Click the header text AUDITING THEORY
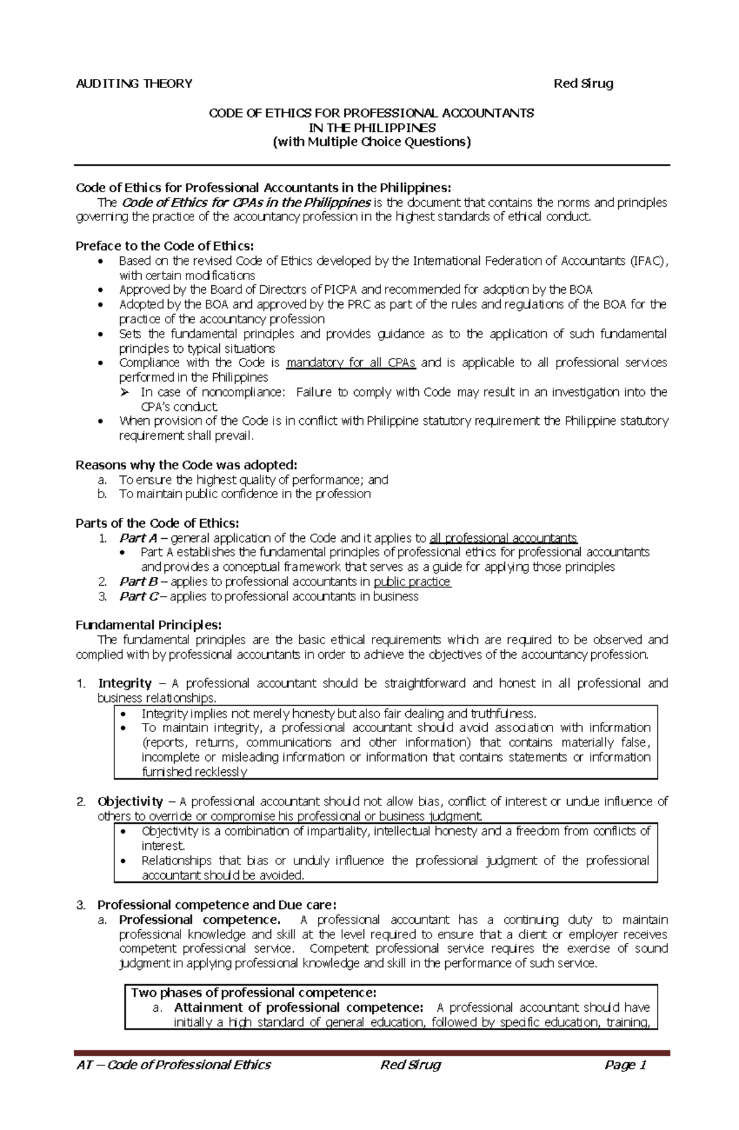pos(134,84)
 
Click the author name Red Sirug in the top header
pos(583,84)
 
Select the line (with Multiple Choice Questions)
pos(371,142)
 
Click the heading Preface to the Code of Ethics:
pos(164,246)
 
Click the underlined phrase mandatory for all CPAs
pos(351,363)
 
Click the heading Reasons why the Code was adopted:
pos(186,465)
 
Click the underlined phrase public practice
pos(412,582)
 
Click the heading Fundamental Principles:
pos(148,626)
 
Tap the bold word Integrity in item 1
pos(124,684)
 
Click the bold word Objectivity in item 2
pos(130,802)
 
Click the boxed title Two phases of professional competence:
pos(253,993)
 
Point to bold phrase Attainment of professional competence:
pos(299,1008)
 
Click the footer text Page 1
pos(625,1065)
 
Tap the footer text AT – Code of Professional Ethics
pos(173,1065)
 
